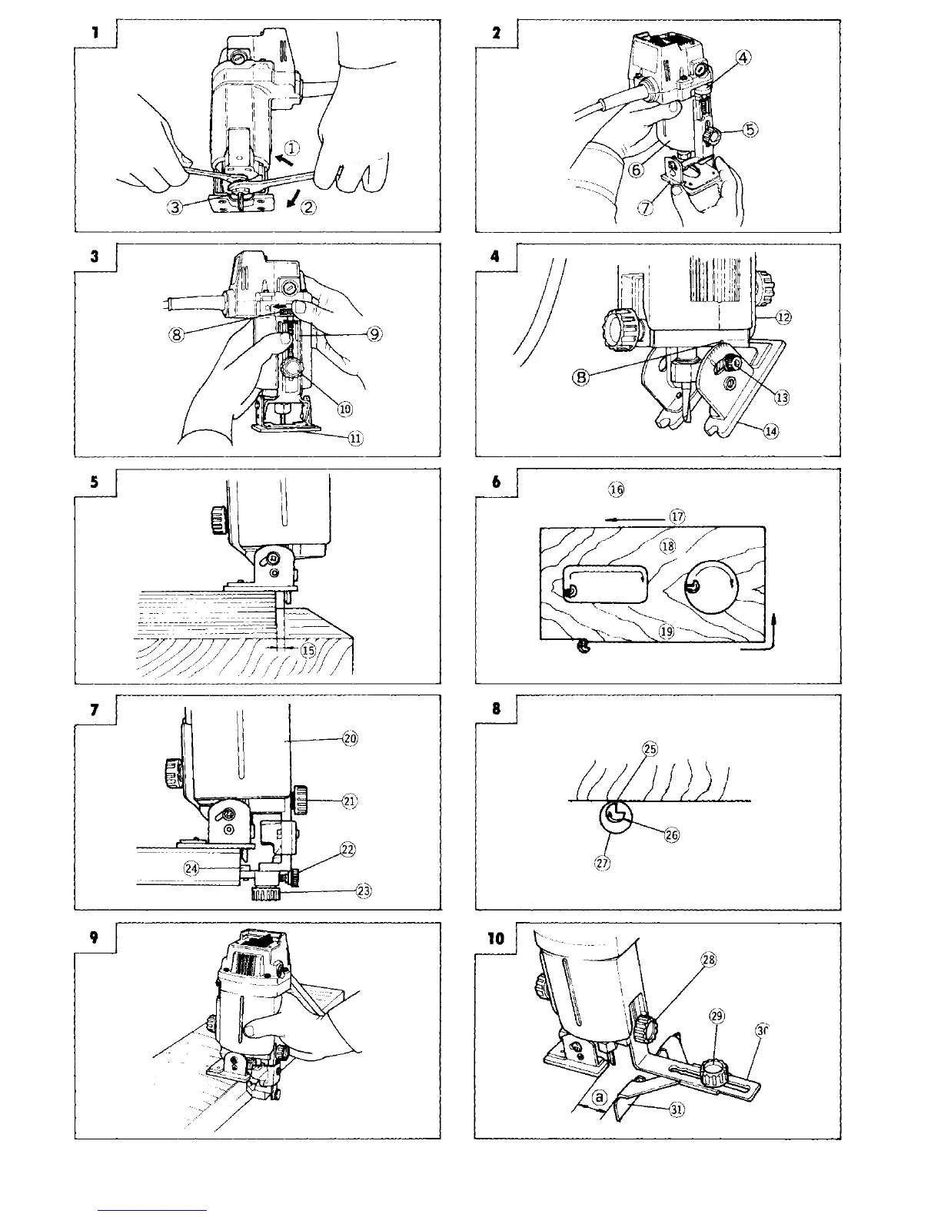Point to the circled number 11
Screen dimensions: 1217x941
coord(355,438)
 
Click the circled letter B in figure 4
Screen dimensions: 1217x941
coord(583,378)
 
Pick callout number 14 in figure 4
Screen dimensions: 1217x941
coord(771,431)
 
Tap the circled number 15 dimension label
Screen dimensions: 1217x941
coord(308,650)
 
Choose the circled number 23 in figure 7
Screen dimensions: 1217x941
coord(364,891)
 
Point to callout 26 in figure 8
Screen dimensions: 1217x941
coord(671,836)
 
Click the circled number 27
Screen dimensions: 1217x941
coord(603,863)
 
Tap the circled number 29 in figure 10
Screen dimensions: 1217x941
coord(717,1016)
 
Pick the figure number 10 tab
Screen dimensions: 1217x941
coord(495,938)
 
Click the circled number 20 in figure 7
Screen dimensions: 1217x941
coord(350,738)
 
